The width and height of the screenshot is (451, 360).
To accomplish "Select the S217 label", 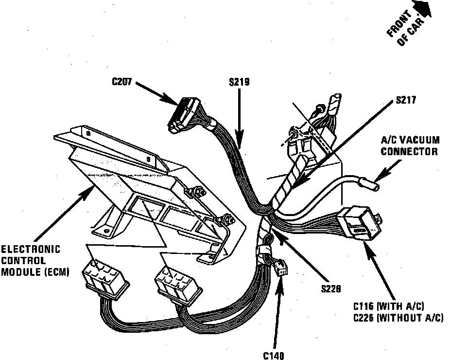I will click(407, 101).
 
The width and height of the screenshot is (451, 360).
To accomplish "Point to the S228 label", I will click(330, 288).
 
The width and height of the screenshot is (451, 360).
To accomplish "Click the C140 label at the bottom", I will click(274, 355).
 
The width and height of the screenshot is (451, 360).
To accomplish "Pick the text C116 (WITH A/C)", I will click(389, 306).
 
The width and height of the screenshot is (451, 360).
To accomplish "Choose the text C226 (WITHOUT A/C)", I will click(398, 318).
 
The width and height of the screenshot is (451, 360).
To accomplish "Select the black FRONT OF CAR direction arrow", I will click(421, 7).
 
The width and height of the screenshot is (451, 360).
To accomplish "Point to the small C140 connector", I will click(281, 268).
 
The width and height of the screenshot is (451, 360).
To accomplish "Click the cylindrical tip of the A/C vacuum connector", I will click(370, 185).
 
